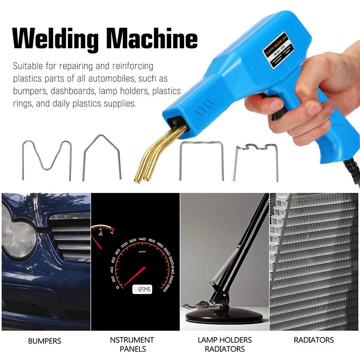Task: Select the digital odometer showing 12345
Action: [x=142, y=289]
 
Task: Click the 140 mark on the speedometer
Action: [x=142, y=239]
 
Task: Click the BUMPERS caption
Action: [x=45, y=341]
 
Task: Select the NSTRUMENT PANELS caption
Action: [x=132, y=344]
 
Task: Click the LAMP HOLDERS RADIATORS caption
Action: [x=225, y=344]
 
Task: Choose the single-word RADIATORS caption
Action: [x=314, y=340]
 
